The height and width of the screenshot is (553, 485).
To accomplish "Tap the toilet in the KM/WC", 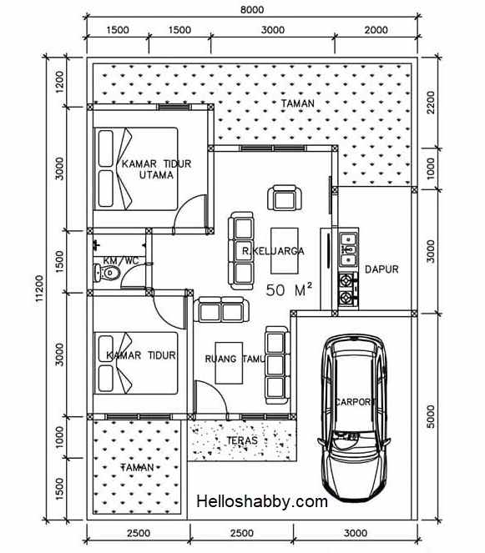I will (x=108, y=273).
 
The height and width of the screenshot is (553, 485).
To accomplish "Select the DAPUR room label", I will (x=381, y=269).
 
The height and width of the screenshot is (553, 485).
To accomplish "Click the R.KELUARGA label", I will (x=273, y=250).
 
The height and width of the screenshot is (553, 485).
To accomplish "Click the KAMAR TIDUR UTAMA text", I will (x=156, y=170).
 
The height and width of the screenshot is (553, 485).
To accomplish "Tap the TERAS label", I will (x=241, y=440).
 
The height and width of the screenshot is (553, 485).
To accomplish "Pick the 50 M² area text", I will (x=289, y=290).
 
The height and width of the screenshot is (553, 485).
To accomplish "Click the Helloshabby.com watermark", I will (x=262, y=501).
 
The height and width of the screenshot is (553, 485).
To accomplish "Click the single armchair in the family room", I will (x=282, y=199).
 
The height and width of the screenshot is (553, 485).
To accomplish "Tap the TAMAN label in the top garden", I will (x=298, y=104).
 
